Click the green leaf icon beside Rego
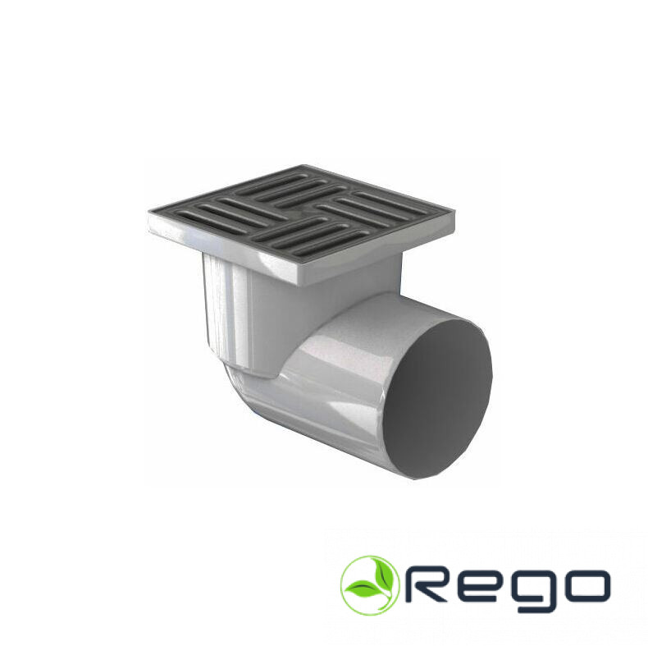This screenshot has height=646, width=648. [x=370, y=585]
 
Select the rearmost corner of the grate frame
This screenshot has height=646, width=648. [x=304, y=166]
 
